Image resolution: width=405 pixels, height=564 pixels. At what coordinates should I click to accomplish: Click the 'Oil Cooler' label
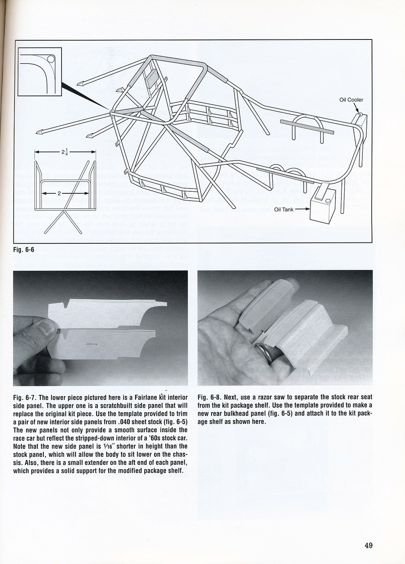pos(351,100)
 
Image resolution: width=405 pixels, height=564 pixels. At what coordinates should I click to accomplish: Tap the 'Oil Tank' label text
pos(284,209)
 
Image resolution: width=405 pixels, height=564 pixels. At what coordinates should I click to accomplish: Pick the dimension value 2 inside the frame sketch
pos(59,193)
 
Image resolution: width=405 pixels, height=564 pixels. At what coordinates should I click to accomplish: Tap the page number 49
pos(368,546)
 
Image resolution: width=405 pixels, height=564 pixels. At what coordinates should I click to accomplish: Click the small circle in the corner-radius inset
pos(51,59)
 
